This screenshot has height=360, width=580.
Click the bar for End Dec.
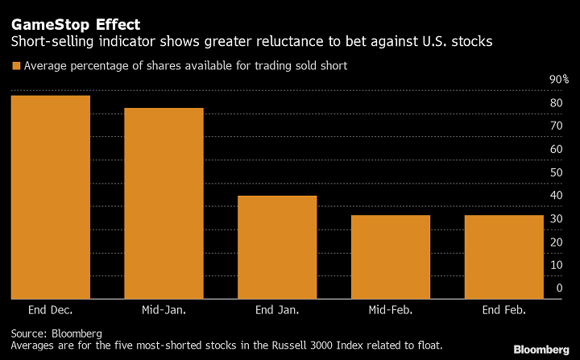[50, 197]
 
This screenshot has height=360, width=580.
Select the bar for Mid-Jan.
[164, 203]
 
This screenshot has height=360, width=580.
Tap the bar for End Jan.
[277, 247]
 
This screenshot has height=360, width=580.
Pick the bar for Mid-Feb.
[391, 257]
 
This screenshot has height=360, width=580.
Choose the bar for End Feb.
[504, 257]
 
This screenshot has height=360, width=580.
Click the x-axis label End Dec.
[50, 310]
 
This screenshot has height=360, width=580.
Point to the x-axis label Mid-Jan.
[164, 310]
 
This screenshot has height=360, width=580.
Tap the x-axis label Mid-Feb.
[391, 310]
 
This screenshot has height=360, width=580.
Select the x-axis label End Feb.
[504, 310]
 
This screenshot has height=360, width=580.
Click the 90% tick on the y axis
[559, 80]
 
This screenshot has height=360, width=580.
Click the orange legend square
[14, 66]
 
